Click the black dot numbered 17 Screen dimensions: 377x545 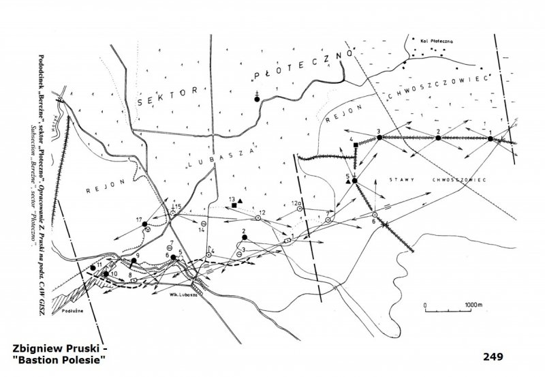pyautogui.click(x=145, y=224)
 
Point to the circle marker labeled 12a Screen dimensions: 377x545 pyautogui.click(x=298, y=209)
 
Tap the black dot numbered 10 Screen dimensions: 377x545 pyautogui.click(x=106, y=274)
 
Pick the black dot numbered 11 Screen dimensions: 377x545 pyautogui.click(x=93, y=267)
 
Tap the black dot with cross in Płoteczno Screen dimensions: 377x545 pyautogui.click(x=257, y=99)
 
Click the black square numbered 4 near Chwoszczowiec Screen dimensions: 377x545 pyautogui.click(x=356, y=145)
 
